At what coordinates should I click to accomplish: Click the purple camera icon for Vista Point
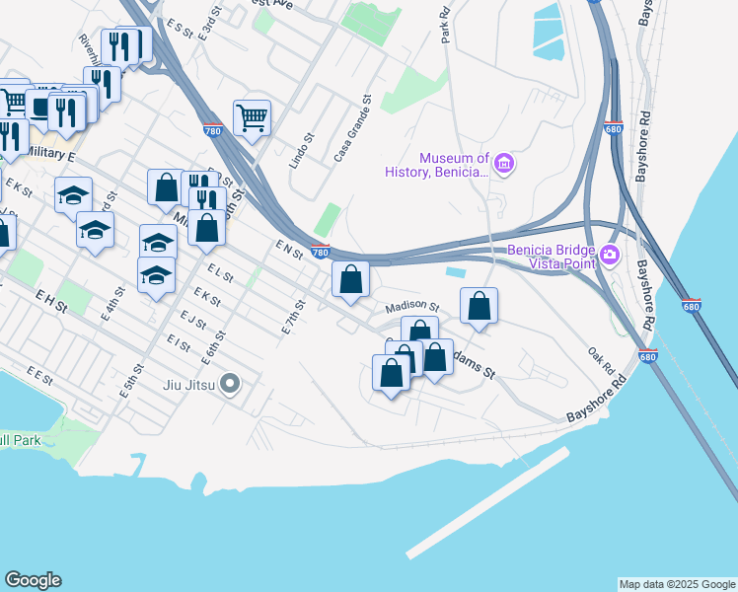point(610,256)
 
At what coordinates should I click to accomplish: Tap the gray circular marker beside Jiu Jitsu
point(231,383)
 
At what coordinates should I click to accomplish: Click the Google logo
point(34,580)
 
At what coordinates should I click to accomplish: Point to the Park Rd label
point(446,26)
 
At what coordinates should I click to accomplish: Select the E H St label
point(51,300)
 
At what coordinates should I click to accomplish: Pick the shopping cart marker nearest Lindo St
point(253,119)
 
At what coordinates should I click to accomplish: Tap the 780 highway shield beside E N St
point(320,252)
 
